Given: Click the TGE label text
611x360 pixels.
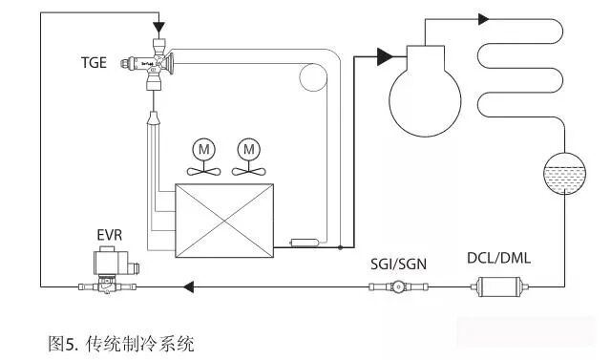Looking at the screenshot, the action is (94, 63).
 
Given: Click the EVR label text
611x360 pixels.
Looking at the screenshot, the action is (110, 235).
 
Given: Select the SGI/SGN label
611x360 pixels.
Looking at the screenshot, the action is (398, 265).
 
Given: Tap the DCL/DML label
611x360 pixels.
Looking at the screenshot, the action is (498, 259).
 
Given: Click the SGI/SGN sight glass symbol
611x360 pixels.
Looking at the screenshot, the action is (398, 287).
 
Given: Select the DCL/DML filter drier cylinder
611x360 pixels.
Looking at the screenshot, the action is (499, 287).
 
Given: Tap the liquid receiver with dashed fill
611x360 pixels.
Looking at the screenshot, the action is (564, 174).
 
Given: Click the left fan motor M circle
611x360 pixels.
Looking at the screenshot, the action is (203, 149).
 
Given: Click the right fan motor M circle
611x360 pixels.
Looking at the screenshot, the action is (249, 149).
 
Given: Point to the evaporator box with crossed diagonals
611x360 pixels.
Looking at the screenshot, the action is (224, 221).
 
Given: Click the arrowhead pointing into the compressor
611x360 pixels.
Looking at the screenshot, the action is (386, 57).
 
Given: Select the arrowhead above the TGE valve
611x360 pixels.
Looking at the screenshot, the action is (159, 28).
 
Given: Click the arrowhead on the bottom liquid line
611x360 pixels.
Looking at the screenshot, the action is (188, 287).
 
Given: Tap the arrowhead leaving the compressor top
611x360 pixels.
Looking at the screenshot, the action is (484, 19).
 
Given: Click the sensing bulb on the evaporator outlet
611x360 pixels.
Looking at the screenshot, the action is (305, 243).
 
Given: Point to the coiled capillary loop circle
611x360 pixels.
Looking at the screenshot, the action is (313, 77).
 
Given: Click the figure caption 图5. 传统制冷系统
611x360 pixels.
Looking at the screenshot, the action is (121, 344).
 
